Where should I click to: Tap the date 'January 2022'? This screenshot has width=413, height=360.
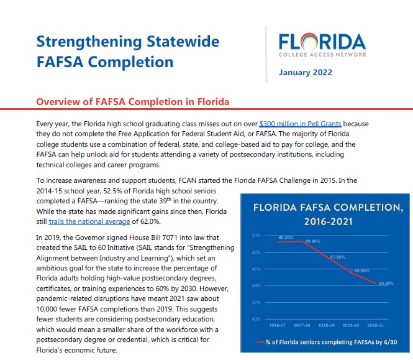click(306, 72)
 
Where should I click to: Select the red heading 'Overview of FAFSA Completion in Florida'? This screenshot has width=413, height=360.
click(133, 101)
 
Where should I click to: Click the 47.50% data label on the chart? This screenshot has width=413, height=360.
click(337, 256)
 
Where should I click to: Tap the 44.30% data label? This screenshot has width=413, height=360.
click(386, 284)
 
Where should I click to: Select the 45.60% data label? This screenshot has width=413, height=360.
click(361, 270)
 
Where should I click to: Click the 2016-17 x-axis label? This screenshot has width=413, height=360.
click(277, 325)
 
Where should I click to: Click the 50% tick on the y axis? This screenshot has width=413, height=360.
click(256, 236)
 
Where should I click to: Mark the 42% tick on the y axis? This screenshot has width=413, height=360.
click(256, 302)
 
